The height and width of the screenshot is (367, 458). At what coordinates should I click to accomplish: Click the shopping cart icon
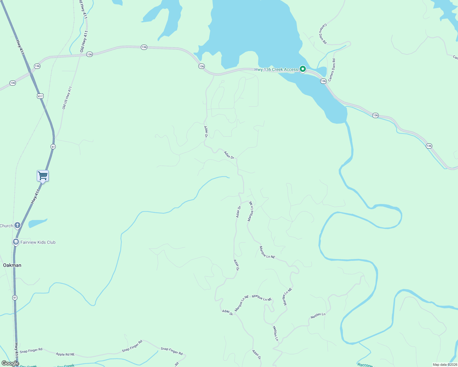(43, 176)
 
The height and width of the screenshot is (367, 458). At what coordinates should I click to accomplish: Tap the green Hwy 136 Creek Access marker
(302, 69)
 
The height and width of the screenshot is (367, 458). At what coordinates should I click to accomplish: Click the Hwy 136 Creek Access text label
(276, 70)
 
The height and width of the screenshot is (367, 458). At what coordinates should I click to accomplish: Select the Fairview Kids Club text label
(38, 242)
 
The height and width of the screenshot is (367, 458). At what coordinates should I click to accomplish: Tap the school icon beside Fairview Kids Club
(16, 242)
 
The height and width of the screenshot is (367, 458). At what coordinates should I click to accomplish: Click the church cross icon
(17, 226)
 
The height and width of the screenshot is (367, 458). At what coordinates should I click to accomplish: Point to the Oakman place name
(12, 265)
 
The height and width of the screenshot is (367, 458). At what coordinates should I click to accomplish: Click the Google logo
(10, 363)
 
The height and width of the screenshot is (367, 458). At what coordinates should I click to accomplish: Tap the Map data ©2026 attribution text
(445, 365)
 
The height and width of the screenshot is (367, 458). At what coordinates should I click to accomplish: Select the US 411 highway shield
(40, 96)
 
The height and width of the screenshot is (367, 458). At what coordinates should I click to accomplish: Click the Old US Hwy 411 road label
(67, 98)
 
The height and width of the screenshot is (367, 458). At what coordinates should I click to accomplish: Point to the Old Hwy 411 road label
(84, 41)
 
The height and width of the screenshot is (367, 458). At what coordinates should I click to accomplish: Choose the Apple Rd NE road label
(65, 354)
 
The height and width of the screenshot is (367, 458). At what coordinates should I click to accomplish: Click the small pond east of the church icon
(37, 223)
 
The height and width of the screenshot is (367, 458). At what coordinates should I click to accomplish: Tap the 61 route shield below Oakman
(15, 298)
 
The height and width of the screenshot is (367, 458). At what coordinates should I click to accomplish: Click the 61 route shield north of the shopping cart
(53, 147)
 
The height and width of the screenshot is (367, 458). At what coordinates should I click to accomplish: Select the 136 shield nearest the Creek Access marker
(323, 81)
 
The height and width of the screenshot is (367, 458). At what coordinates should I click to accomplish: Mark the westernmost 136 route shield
(13, 83)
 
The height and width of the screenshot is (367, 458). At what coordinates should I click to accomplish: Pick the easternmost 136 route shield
(429, 146)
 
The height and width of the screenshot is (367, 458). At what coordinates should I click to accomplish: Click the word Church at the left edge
(6, 226)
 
